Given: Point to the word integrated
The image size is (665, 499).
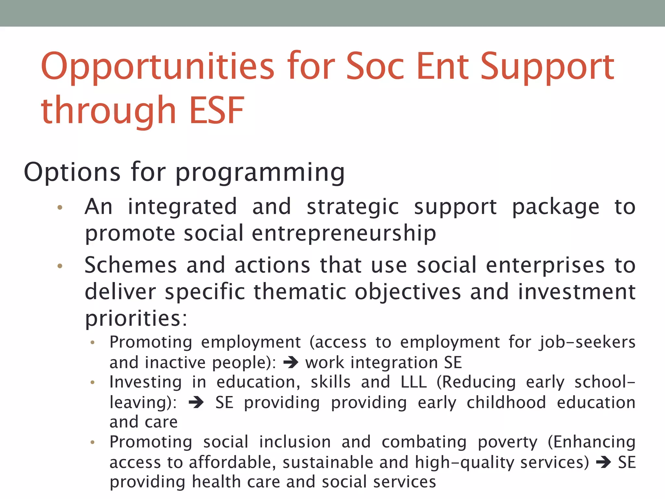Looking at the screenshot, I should click(x=182, y=207).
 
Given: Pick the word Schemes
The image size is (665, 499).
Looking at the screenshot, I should click(x=131, y=265).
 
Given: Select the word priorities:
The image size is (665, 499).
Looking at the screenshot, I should click(x=136, y=318).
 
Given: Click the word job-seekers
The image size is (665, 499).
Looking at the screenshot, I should click(x=587, y=342).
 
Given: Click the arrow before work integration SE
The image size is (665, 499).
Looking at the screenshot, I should click(x=291, y=363).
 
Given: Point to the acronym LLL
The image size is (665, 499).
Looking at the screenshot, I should click(x=413, y=382).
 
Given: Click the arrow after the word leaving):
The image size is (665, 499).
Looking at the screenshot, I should click(x=196, y=403).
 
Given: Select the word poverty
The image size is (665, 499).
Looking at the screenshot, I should click(x=508, y=442).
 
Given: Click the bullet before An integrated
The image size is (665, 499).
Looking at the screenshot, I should click(x=60, y=208).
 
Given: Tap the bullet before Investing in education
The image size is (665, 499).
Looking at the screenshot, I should click(x=93, y=383).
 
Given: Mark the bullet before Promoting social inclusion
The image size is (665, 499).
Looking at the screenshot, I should click(x=93, y=442).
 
